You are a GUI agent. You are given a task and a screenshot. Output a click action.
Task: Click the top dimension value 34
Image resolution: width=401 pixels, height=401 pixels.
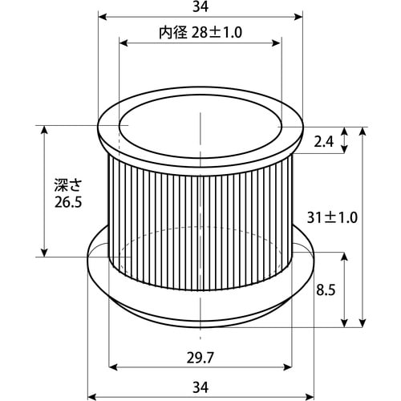200,7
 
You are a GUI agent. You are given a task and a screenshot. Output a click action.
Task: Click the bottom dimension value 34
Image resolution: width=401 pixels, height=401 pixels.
200,387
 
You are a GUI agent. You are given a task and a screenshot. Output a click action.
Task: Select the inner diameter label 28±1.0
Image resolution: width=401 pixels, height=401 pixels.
217,33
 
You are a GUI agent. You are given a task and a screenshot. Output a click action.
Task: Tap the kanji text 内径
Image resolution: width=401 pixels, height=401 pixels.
173,33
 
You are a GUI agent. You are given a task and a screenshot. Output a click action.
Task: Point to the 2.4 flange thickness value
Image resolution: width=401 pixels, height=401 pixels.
324,142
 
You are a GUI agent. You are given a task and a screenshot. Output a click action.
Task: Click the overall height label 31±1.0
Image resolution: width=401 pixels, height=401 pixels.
332,217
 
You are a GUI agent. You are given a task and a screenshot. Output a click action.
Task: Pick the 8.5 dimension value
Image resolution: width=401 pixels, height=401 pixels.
326,290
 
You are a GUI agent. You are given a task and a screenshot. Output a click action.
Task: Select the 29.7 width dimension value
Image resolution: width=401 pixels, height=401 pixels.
200,358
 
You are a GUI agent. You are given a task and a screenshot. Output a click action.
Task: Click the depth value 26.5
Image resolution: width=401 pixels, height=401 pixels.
68,202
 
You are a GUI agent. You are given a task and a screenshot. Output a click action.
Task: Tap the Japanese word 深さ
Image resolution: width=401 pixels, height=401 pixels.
68,185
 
